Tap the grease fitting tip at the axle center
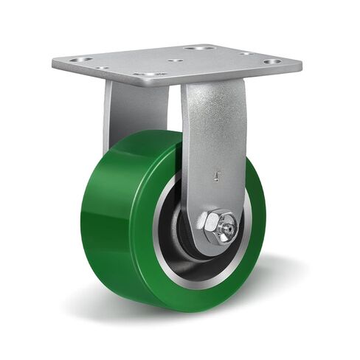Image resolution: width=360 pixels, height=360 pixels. [226, 228]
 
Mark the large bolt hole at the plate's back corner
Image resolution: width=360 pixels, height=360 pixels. [200, 48]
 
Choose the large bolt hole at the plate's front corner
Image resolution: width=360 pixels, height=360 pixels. [151, 75]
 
